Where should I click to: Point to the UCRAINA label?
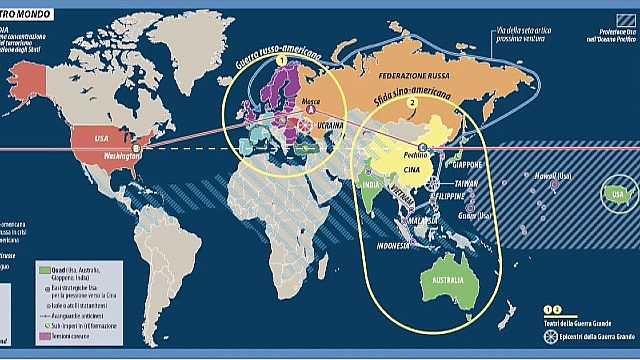point(331,127)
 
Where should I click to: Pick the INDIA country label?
point(368,185)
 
